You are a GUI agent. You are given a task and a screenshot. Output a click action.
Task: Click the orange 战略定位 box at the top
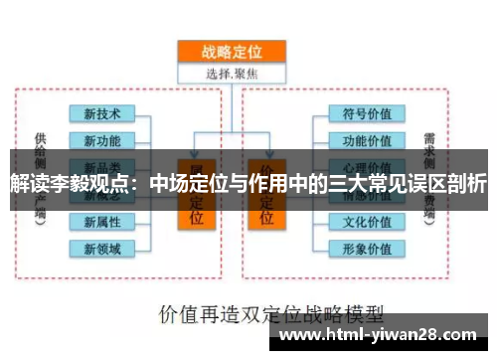click(231, 52)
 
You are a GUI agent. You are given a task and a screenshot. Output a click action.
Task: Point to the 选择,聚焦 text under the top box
click(231, 73)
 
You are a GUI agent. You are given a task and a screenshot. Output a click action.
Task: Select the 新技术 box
click(102, 114)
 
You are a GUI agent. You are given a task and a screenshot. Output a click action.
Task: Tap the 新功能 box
click(102, 140)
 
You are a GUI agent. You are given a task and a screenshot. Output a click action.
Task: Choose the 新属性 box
click(102, 222)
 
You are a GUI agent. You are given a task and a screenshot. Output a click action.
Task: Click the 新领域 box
click(102, 248)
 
